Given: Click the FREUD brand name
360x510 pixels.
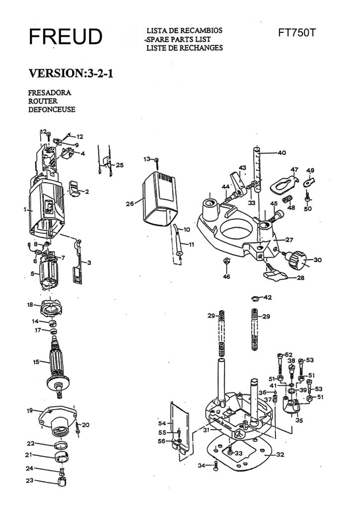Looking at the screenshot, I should coord(65,37).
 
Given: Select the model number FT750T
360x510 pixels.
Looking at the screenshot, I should coord(297,33).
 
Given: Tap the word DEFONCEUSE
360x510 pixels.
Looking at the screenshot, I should coord(52,110).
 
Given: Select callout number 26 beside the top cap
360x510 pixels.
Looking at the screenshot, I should coord(130,203).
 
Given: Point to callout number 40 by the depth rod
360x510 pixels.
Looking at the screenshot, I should coord(281,152).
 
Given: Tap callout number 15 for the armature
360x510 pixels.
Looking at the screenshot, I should coord(36,362).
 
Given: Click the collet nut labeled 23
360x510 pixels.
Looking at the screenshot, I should coord(62,481).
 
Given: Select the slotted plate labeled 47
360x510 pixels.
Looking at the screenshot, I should coord(283,183).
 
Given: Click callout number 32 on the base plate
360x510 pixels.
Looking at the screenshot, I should coord(280,455).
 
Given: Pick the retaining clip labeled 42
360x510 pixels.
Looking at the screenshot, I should coord(256,298).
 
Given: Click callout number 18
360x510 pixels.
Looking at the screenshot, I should coord(30,304).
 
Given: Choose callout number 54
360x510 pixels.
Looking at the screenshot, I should coord(162,423).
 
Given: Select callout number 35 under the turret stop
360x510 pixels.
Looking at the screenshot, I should coord(299,420).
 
